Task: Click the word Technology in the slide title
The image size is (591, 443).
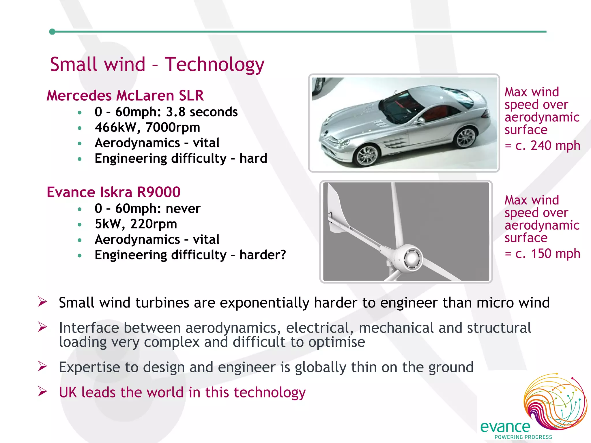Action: (x=214, y=65)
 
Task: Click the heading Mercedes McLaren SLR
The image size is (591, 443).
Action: (x=125, y=95)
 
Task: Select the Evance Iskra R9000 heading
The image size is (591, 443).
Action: (x=113, y=192)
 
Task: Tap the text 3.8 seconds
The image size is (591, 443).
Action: (x=202, y=112)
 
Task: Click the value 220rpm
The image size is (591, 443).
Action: (x=154, y=224)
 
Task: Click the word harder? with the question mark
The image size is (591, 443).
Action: (x=263, y=255)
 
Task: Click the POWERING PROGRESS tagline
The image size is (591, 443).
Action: (x=523, y=437)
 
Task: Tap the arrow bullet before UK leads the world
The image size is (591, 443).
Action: (x=42, y=391)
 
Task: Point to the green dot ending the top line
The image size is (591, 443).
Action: (x=52, y=31)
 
